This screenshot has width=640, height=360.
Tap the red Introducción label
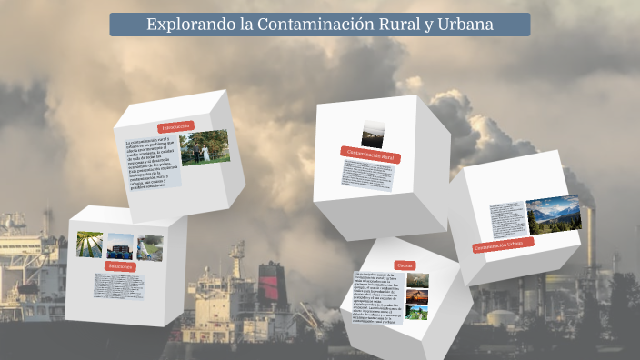coord(175,126)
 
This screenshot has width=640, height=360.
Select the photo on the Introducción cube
coord(205,147)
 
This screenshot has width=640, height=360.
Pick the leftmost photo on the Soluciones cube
coord(89,245)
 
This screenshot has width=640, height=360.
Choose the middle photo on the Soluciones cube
coord(120,246)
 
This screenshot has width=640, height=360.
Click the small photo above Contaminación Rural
coord(372,134)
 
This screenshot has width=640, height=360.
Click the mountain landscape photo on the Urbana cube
coord(553,215)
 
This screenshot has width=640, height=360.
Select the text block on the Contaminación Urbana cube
coord(505,221)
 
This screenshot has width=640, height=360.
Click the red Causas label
coord(405,265)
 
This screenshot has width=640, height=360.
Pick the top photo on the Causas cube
coord(417,281)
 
